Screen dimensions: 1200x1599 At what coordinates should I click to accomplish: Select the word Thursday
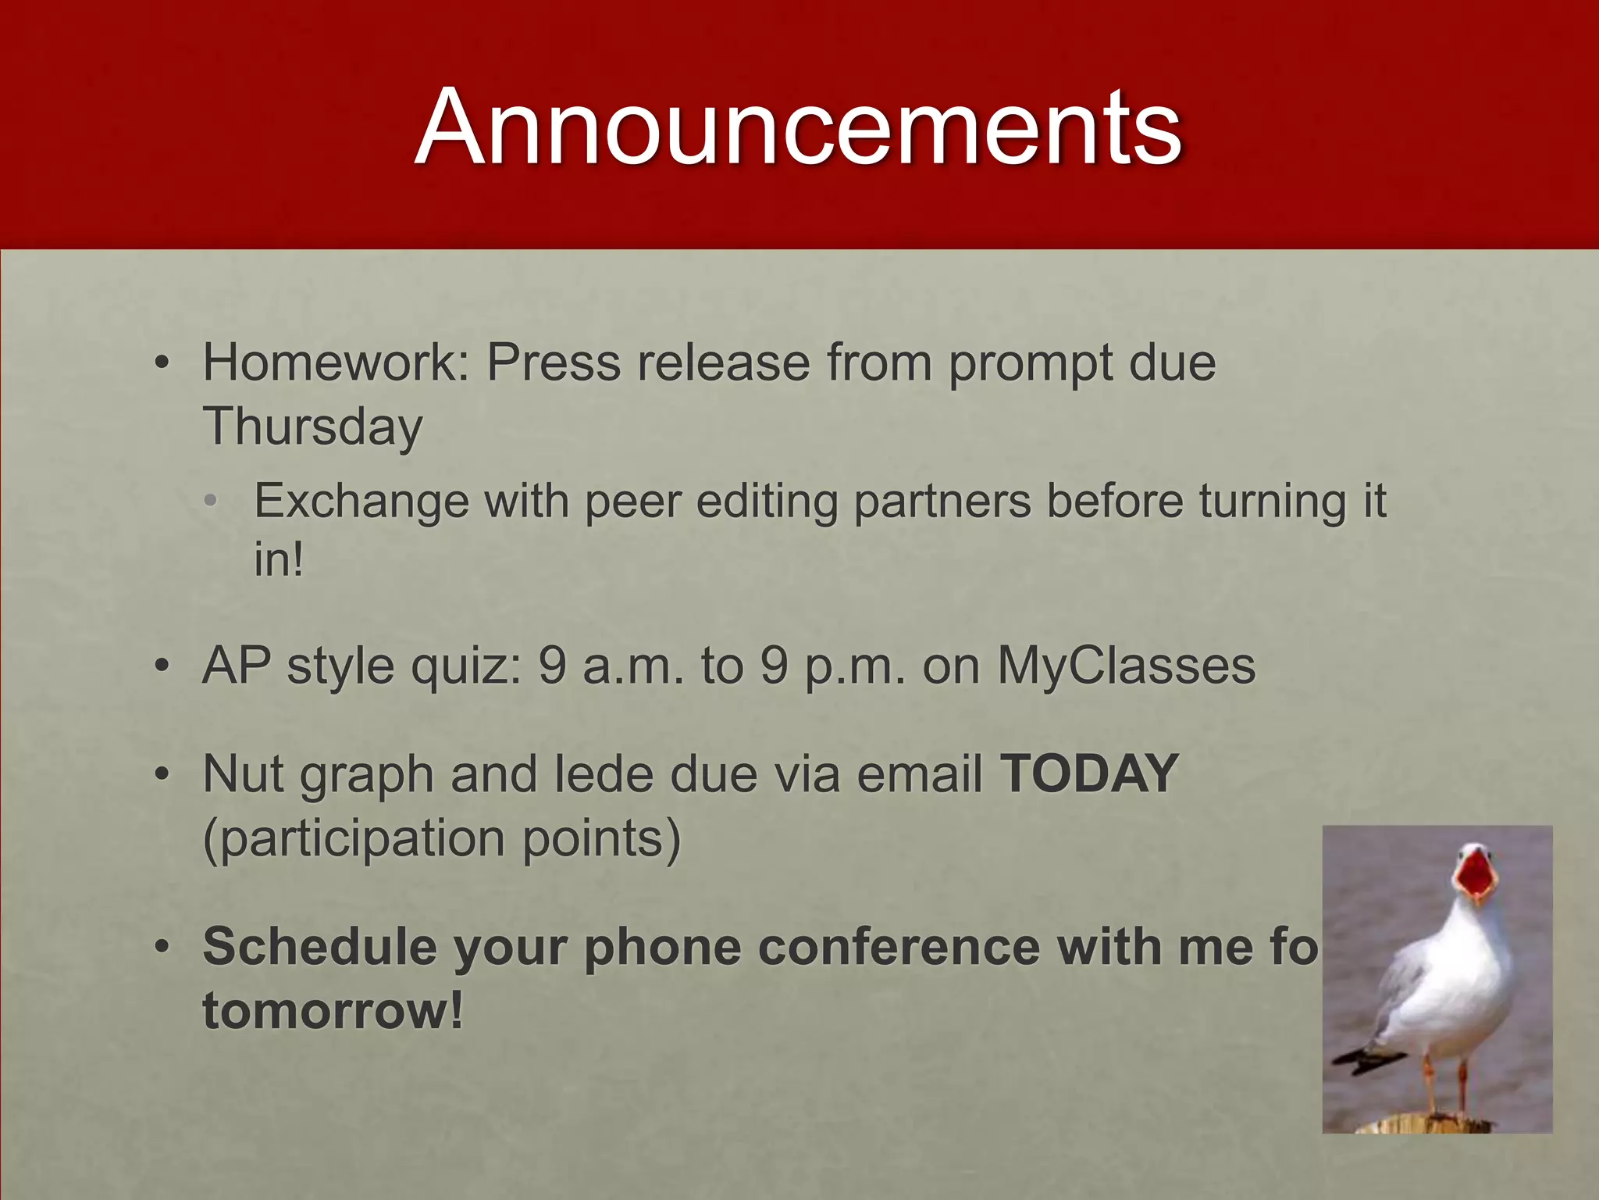312,427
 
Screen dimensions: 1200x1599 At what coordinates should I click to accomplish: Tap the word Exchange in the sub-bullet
361,502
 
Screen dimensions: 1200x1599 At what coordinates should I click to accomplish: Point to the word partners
942,502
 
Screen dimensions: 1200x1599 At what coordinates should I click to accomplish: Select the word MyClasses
1126,666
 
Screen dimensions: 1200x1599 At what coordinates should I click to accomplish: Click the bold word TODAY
1089,773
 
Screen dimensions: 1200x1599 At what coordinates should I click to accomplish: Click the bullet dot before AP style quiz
162,666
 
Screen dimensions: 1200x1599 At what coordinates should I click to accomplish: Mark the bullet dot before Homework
162,363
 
